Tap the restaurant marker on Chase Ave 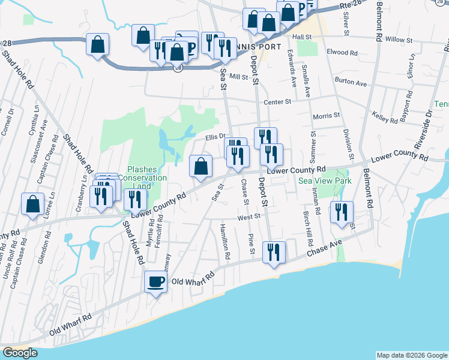click(274, 251)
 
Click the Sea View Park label click(325, 181)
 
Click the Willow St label click(401, 40)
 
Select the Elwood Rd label click(342, 52)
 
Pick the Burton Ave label click(351, 82)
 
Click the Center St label click(277, 102)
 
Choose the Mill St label click(238, 77)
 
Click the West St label click(249, 217)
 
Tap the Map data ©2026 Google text click(412, 355)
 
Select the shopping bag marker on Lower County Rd click(201, 166)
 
